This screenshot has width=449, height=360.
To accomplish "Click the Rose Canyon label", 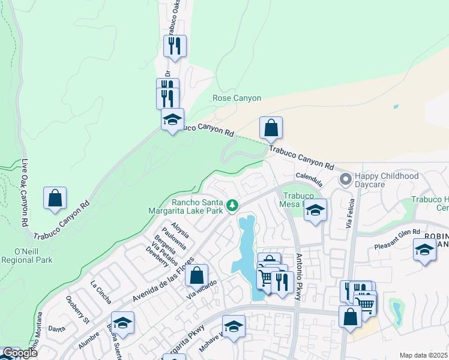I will tap(237, 98).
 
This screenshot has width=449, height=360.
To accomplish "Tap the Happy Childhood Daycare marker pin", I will tap(345, 179).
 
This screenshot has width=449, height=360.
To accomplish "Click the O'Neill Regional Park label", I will tap(26, 255).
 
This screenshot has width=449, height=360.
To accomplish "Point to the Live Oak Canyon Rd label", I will tap(25, 193).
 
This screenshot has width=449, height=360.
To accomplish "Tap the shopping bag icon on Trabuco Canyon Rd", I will tap(271, 128).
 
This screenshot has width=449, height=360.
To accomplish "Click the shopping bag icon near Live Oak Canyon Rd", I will tap(55, 199).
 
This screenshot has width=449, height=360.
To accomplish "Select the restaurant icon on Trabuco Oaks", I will tap(175, 46).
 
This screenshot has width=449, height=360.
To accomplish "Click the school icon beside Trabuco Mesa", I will tap(315, 211).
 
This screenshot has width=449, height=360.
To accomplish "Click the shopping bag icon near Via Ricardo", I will tap(196, 275).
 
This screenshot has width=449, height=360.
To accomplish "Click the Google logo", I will tap(19, 353).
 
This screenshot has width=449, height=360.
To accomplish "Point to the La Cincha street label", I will tap(101, 290).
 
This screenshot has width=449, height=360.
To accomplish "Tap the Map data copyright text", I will tap(423, 355).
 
